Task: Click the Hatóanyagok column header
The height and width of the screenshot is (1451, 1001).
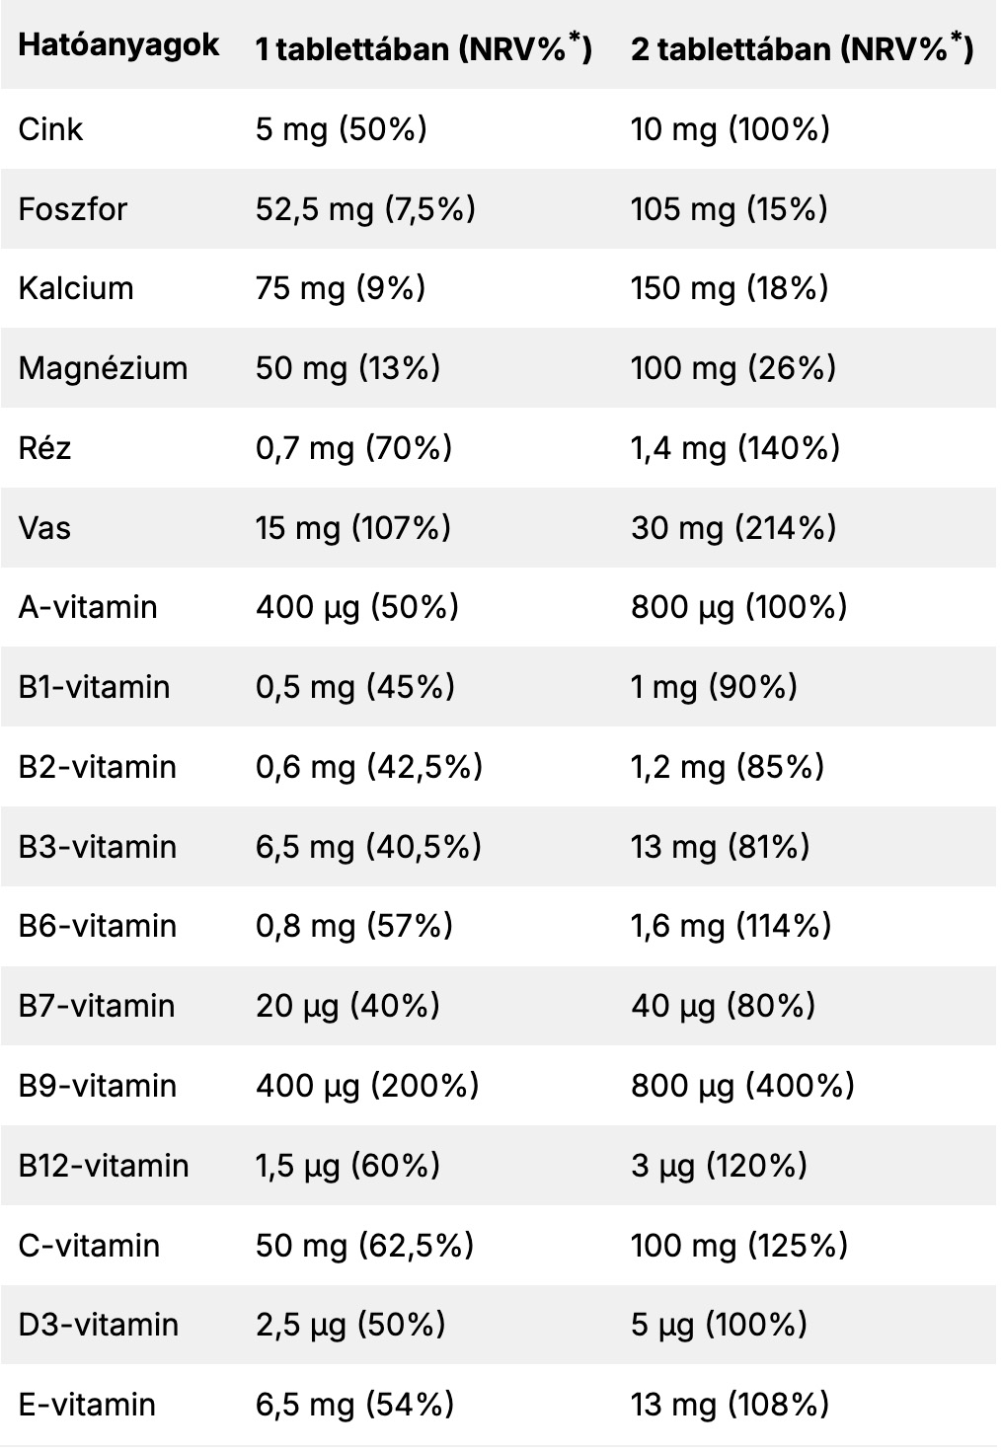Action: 118,45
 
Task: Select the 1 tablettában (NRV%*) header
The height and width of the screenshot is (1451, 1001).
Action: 423,47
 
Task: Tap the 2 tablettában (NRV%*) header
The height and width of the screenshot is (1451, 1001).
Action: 802,47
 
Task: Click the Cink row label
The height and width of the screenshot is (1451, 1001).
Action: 50,129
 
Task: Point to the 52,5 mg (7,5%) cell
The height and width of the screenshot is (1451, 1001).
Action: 365,209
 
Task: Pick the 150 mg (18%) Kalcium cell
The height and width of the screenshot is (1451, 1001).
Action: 730,288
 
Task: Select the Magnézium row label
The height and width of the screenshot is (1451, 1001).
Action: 103,368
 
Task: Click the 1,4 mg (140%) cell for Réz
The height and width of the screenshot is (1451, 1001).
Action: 735,448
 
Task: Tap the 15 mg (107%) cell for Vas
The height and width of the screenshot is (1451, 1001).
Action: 353,528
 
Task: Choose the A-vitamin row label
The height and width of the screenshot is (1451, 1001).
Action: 88,607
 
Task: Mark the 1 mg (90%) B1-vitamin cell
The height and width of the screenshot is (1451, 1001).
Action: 714,687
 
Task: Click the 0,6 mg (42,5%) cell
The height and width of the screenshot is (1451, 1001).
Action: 369,767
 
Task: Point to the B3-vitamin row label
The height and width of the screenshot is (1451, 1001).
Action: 97,847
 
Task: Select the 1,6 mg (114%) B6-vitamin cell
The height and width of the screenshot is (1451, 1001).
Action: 731,926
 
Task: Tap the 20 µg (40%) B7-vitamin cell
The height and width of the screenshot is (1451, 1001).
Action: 347,1006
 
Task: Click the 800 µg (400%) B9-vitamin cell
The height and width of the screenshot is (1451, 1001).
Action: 742,1086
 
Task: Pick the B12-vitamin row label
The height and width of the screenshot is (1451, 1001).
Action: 104,1166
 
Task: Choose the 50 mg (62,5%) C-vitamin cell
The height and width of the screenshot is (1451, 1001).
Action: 364,1246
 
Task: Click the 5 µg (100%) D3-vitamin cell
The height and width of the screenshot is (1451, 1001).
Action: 719,1325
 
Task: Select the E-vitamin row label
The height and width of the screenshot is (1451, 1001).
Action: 87,1405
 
